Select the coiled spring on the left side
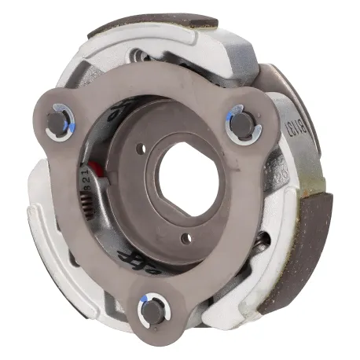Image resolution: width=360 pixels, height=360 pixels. pyautogui.click(x=88, y=207)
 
